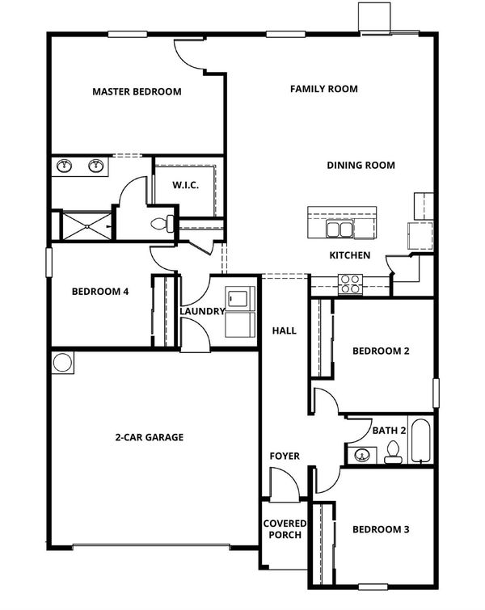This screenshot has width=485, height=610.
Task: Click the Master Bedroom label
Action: [137, 92]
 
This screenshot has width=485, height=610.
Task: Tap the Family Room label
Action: [324, 89]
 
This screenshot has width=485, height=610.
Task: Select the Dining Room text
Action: [361, 166]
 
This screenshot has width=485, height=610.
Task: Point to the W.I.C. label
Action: [186, 185]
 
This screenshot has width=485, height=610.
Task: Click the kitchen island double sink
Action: [339, 229]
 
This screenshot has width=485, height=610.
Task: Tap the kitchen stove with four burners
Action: [350, 284]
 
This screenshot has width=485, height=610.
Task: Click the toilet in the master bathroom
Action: [162, 223]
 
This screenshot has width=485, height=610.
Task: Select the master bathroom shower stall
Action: [86, 226]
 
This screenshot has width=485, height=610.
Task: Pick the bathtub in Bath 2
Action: [420, 440]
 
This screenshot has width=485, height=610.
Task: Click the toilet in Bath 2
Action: [393, 452]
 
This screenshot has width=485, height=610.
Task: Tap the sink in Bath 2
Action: [362, 455]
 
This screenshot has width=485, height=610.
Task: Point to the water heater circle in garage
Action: [63, 363]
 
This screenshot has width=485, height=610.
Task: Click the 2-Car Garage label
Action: [149, 437]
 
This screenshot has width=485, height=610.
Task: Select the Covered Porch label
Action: [285, 529]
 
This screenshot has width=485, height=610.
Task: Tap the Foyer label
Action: [285, 456]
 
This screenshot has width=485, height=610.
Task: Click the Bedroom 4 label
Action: [100, 292]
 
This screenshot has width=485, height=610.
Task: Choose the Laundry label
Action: [202, 311]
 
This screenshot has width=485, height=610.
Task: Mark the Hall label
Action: [285, 330]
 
